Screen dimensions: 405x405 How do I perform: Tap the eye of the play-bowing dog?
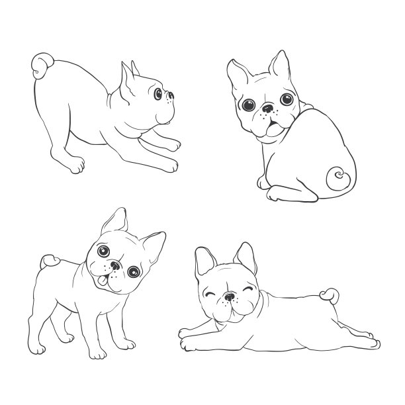[x=159, y=95]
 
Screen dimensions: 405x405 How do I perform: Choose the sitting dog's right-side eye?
[x=287, y=100]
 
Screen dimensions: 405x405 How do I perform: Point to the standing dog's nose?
[x=115, y=267]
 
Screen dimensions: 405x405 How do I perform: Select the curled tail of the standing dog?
[x=48, y=261]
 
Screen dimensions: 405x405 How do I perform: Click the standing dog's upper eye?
[x=103, y=251]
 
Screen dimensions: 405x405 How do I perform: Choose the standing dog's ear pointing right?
[x=153, y=246]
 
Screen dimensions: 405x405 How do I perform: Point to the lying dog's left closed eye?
[x=211, y=291]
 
